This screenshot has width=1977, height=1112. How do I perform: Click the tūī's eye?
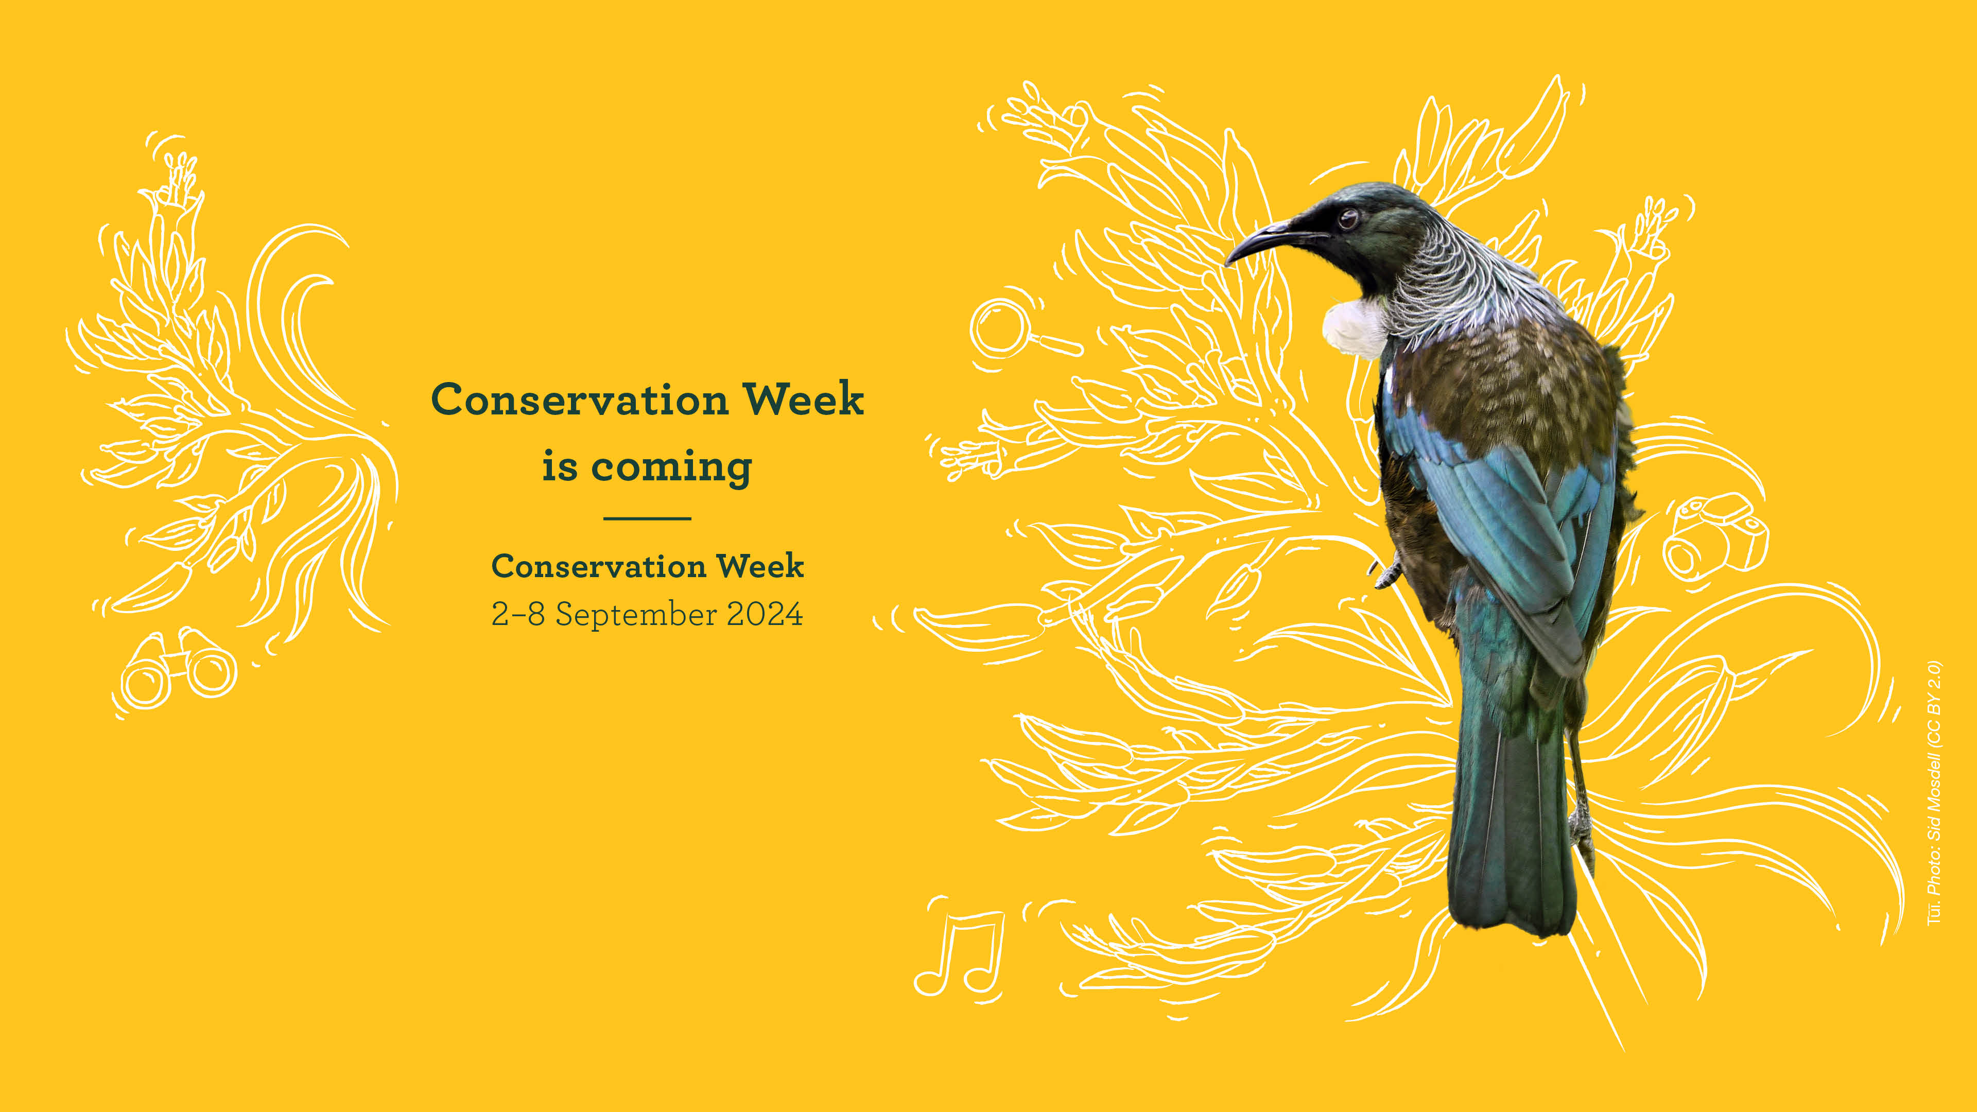click(1348, 219)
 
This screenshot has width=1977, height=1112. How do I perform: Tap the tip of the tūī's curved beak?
click(1228, 261)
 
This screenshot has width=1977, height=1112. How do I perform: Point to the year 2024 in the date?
click(765, 614)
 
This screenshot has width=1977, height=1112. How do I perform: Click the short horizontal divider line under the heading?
click(647, 519)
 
